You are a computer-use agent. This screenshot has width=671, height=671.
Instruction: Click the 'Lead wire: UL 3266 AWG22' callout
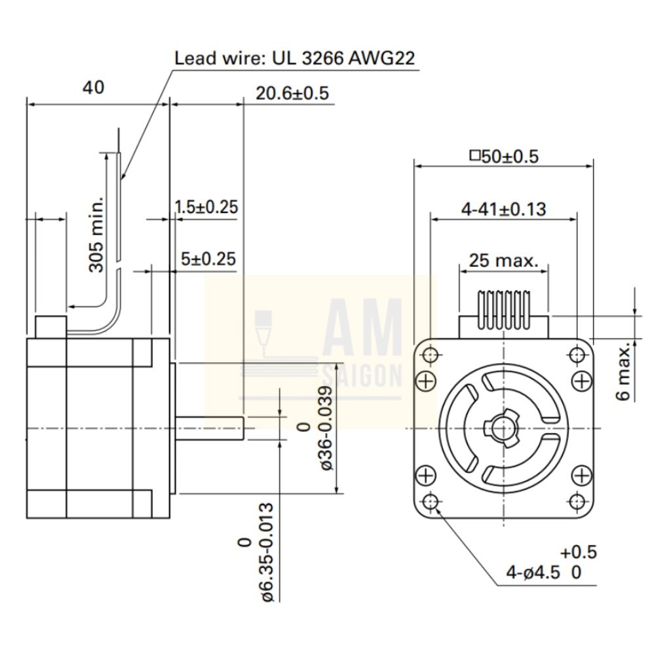coord(294,58)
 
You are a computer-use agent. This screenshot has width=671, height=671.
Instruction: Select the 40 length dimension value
coord(93,87)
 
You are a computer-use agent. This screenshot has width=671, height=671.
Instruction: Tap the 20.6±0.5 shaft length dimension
coord(292,93)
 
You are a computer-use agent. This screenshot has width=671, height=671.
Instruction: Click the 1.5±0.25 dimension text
coord(206,207)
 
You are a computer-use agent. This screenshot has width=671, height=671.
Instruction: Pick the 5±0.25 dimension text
coord(208,259)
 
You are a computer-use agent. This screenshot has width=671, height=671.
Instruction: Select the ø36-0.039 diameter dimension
coord(326,428)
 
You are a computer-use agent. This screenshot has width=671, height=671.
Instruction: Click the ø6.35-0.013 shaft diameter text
coord(264,552)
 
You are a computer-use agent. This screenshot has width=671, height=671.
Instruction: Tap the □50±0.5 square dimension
coord(504,157)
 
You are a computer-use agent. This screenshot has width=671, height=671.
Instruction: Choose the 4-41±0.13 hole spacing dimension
coord(503,209)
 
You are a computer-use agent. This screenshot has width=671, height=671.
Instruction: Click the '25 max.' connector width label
coord(503,260)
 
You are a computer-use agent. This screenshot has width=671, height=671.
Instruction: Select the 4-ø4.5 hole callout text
coord(533,573)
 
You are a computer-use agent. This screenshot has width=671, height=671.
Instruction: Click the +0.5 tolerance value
coord(579,552)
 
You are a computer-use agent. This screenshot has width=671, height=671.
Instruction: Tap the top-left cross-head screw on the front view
coord(426,380)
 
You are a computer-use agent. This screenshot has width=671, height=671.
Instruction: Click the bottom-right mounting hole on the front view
coord(577,501)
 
